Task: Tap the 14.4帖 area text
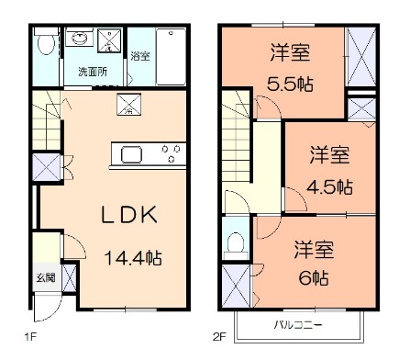point(132,258)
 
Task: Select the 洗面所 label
point(91,71)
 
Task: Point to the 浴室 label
point(140,57)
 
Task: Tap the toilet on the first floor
point(42,44)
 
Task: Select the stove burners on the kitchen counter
point(169,152)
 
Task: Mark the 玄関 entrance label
point(44,278)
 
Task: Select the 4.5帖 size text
point(329,185)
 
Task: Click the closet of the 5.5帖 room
point(360,54)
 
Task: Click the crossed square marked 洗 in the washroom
point(113,39)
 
